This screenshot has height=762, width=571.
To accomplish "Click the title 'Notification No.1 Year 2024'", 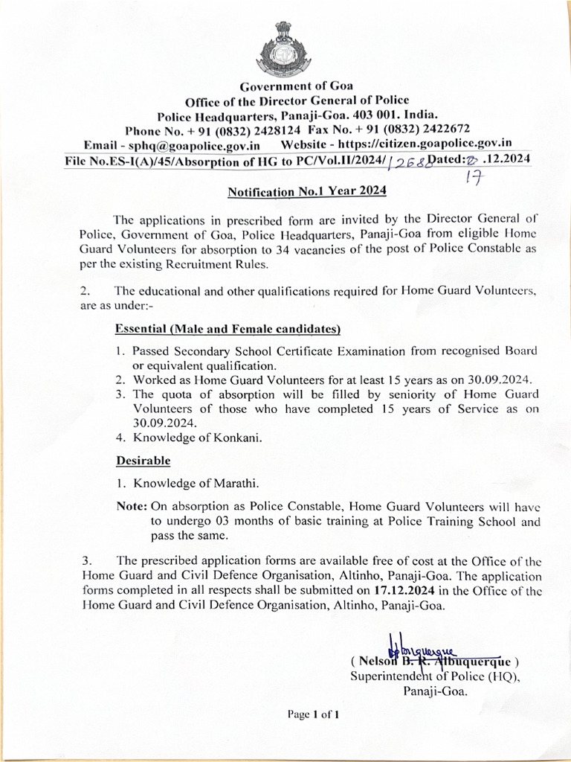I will click(x=306, y=191).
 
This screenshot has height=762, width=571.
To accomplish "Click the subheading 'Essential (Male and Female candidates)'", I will click(x=228, y=329).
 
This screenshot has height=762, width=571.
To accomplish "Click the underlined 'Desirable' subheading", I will click(x=143, y=461).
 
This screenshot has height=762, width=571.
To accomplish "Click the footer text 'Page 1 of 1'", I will click(x=314, y=715).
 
